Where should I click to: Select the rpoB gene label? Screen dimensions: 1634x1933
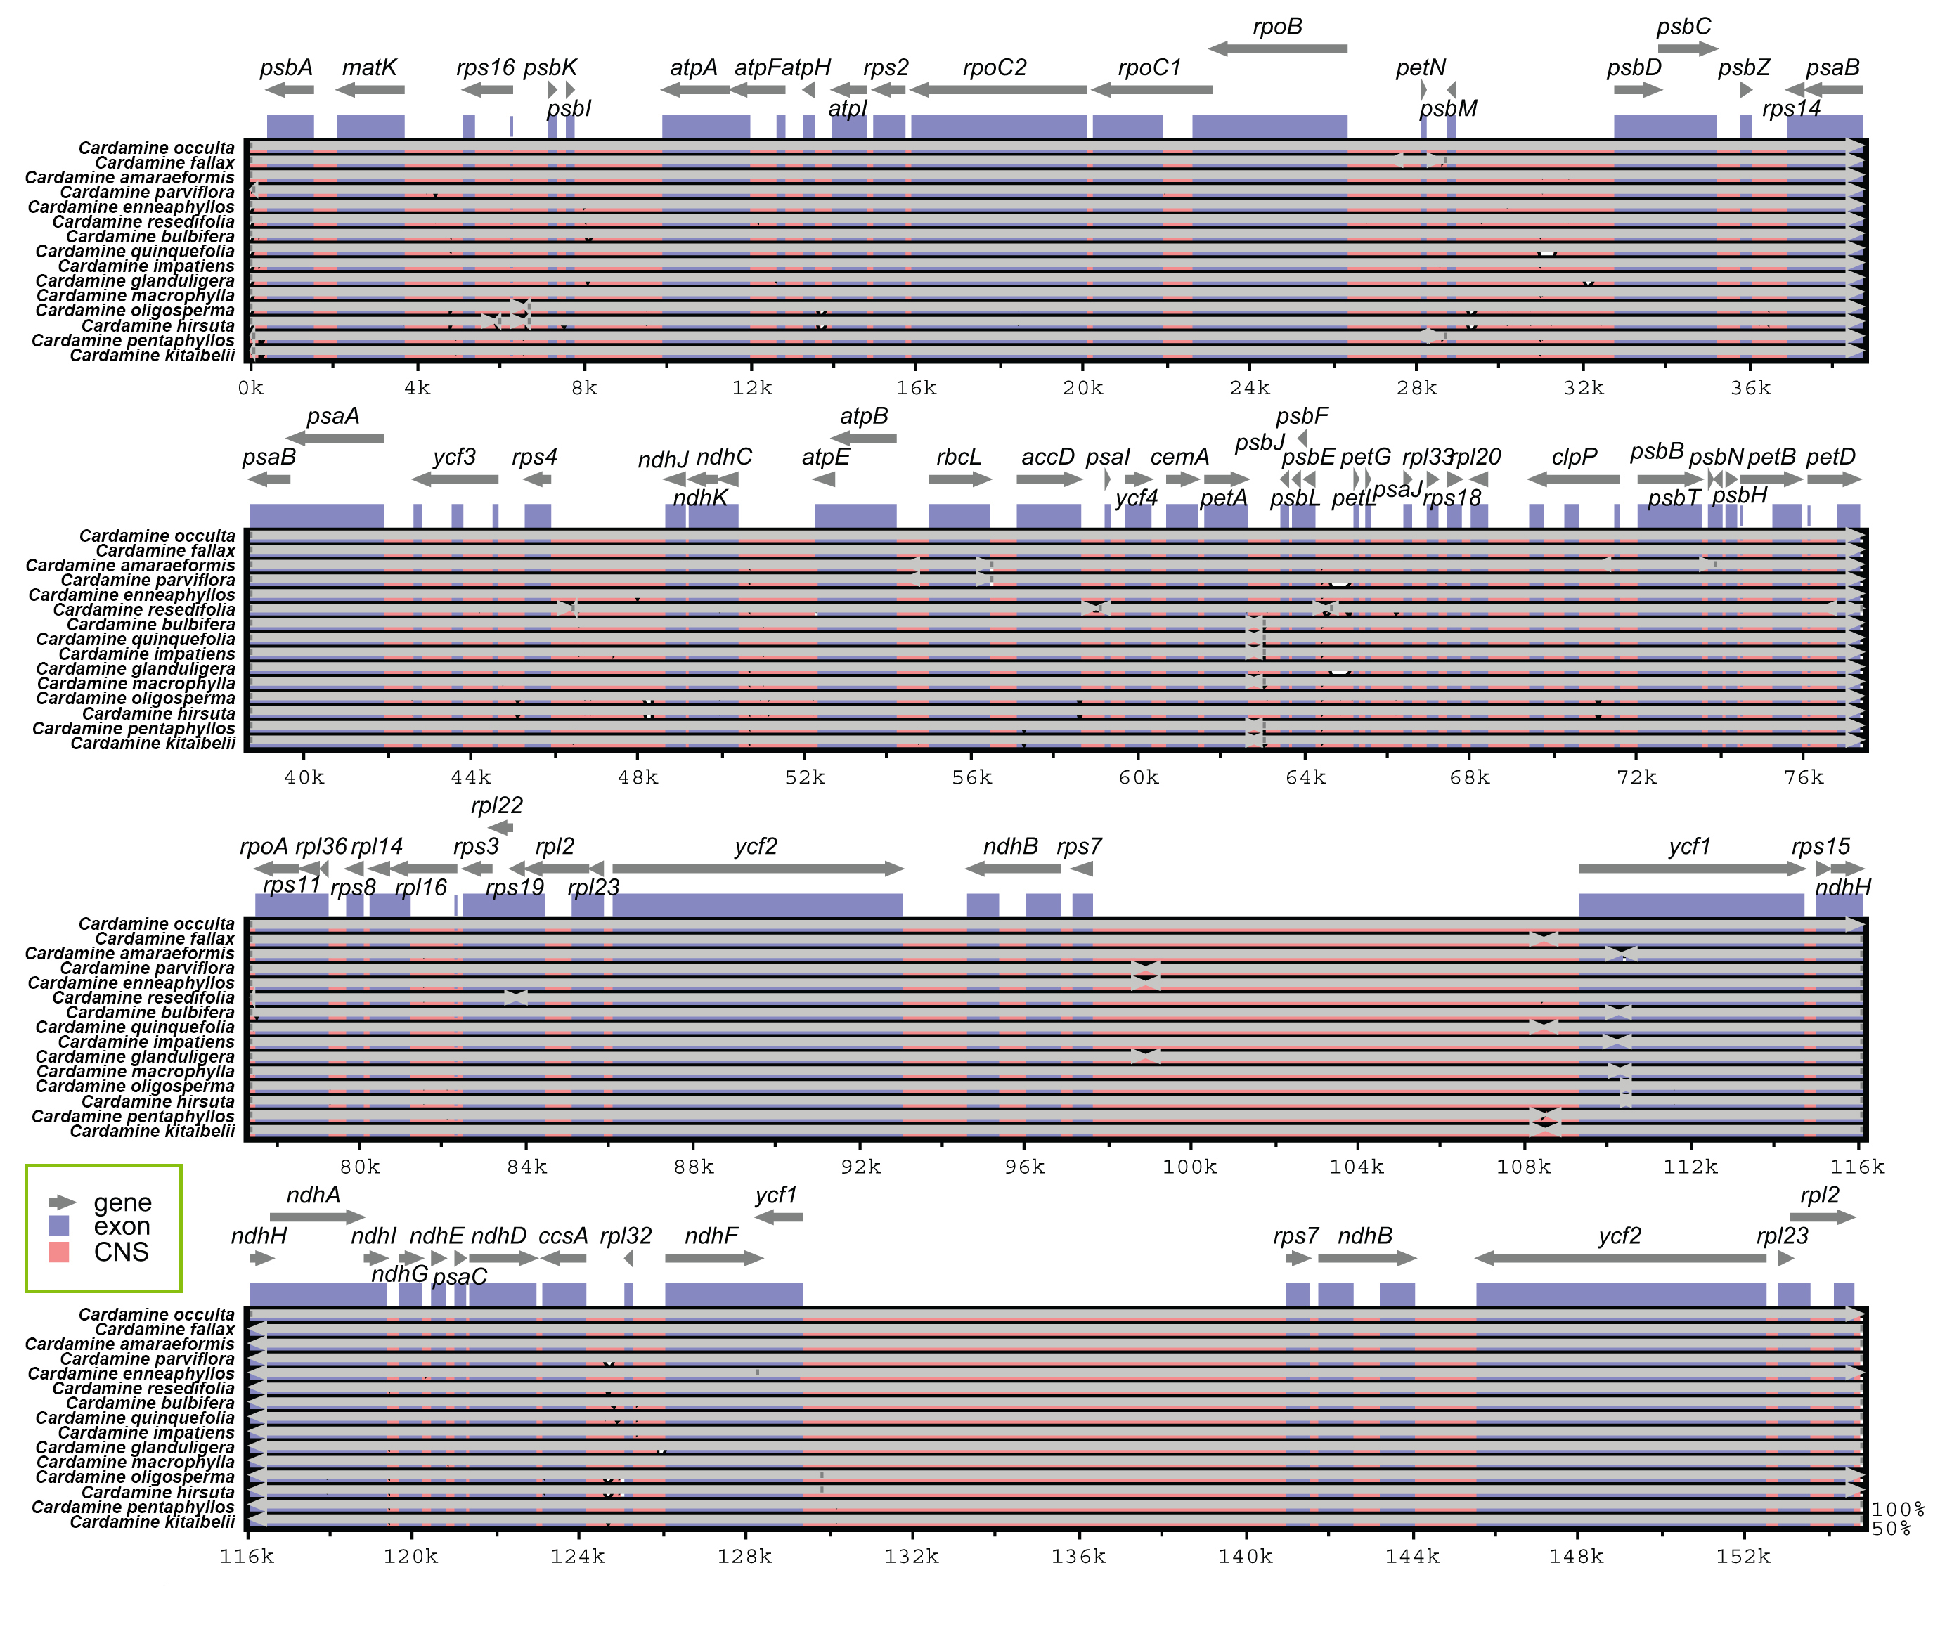pos(1276,27)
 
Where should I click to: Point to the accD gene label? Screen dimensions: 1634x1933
pos(1047,457)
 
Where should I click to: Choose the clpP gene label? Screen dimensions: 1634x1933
pos(1574,457)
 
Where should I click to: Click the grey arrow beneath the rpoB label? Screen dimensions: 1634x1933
pos(1277,49)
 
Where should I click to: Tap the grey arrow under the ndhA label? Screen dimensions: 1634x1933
pos(317,1217)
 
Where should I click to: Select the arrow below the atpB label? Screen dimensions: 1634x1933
pos(862,438)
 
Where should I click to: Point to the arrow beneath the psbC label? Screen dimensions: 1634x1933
pos(1686,49)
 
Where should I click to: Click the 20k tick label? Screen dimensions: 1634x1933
pos(1082,388)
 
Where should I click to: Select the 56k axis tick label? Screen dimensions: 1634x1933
pos(971,778)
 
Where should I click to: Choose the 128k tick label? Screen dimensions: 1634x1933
pos(744,1556)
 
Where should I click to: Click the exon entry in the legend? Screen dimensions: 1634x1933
pos(120,1226)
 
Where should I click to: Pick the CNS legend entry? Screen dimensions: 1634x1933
pos(120,1252)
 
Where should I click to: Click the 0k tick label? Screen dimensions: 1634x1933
pos(250,388)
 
